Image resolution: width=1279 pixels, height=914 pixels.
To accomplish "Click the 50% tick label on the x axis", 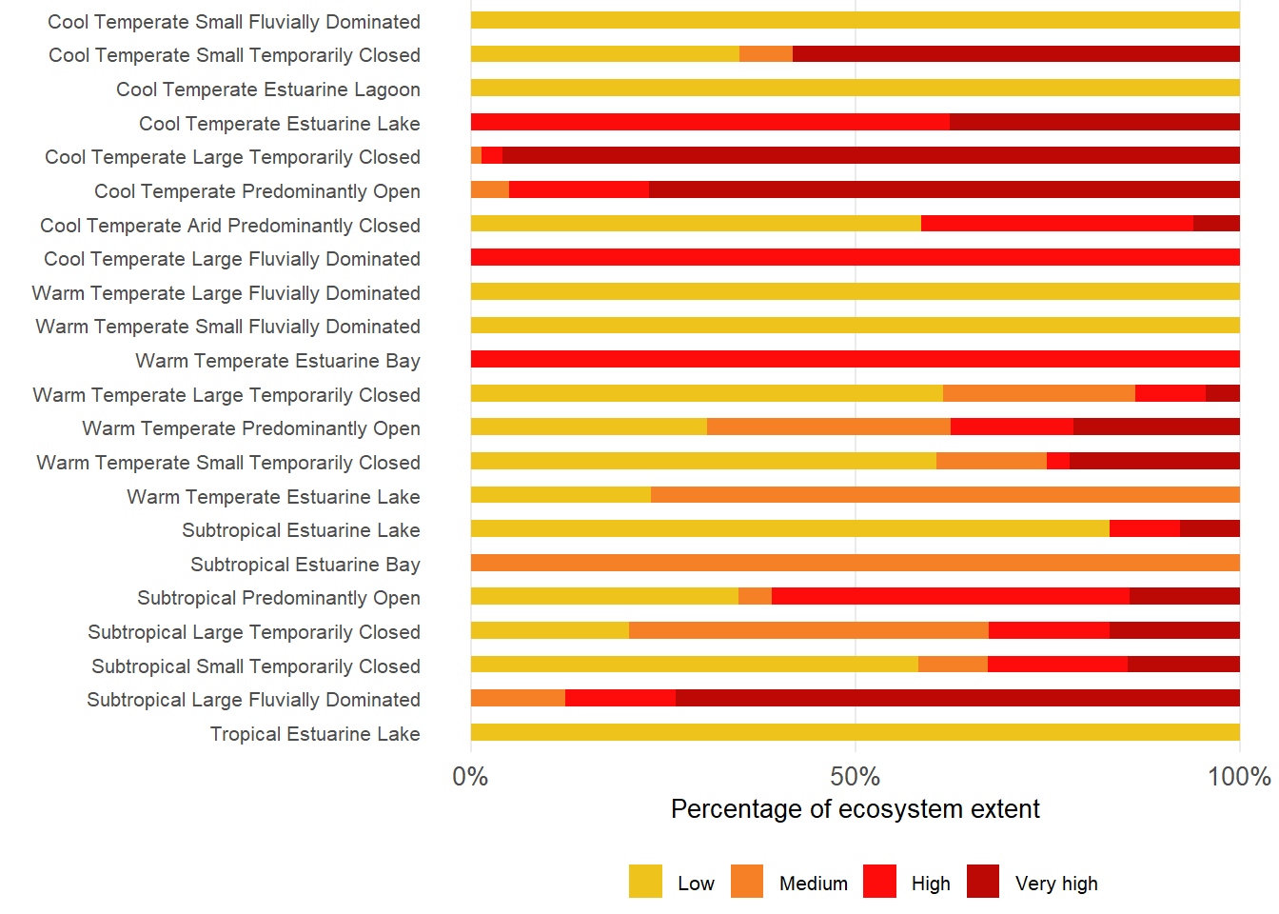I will click(x=855, y=777).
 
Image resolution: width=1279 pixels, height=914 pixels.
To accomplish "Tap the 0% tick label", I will click(x=470, y=777).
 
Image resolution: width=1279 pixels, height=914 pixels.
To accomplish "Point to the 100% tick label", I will click(x=1239, y=777).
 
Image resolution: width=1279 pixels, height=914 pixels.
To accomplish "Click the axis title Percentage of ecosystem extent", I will click(x=855, y=809).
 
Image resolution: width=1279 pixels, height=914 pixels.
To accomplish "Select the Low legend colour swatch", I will click(x=645, y=882).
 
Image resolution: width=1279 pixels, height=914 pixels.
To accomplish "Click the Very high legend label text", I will click(x=1056, y=884).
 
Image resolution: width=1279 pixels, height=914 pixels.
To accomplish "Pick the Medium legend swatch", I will click(x=747, y=882).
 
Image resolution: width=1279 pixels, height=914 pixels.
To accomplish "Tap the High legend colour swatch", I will click(x=879, y=882).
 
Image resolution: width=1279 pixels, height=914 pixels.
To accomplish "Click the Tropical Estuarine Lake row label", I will click(x=315, y=734).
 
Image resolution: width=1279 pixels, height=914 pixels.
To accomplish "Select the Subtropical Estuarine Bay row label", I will click(x=305, y=565).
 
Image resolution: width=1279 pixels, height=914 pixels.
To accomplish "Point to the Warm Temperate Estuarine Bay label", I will click(x=278, y=361).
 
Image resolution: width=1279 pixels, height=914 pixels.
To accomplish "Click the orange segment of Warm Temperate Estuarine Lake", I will click(x=945, y=495).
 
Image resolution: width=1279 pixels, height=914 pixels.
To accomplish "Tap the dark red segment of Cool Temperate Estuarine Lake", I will click(x=1094, y=122).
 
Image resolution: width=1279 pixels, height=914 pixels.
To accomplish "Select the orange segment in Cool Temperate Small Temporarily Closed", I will click(x=766, y=54).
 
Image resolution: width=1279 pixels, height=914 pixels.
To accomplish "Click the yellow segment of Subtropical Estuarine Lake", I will click(x=790, y=528).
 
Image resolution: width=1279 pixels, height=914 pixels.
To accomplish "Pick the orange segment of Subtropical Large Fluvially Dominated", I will click(x=518, y=698).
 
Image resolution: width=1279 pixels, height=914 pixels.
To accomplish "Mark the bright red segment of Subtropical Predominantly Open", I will click(x=950, y=596).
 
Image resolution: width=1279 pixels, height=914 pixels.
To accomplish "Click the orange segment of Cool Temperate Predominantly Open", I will click(x=490, y=189).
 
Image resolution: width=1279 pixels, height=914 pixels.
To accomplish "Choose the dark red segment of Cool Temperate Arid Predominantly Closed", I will click(x=1216, y=224).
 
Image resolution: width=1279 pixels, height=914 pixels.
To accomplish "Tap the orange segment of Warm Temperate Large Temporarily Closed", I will click(x=1039, y=393).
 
